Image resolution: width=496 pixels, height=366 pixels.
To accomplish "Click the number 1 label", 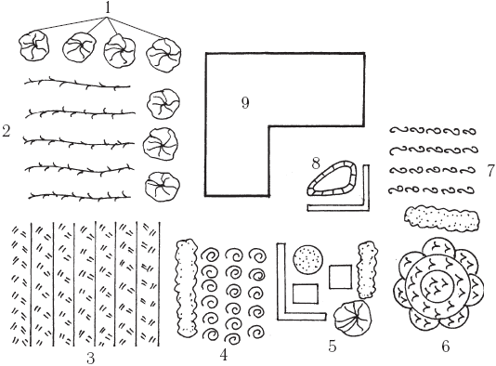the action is (x=108, y=7).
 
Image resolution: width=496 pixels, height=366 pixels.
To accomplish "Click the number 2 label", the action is (x=6, y=131).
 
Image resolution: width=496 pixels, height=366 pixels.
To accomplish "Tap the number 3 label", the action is (x=91, y=359).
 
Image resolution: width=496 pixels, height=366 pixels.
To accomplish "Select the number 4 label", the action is (x=224, y=355).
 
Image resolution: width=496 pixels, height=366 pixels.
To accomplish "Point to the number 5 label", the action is (x=333, y=346).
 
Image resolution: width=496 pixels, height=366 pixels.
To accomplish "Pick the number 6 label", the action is (x=446, y=346).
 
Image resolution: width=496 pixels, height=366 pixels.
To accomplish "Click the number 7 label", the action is (x=490, y=171).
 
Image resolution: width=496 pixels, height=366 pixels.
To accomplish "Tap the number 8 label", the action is (x=316, y=163).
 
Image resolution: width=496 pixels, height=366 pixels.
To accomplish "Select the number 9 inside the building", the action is (x=245, y=103).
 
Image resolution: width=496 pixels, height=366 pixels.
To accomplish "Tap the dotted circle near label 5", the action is (x=308, y=260).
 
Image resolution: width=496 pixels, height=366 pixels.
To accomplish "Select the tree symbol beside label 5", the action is (x=353, y=317).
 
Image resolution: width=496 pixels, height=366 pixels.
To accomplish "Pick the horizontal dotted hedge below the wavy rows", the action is (x=442, y=217).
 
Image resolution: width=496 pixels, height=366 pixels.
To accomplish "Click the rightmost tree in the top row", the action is (x=163, y=56).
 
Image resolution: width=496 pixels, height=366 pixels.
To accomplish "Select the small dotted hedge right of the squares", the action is (x=367, y=269).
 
